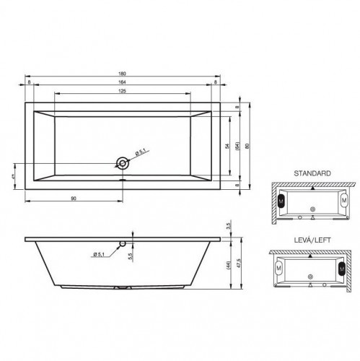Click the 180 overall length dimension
click(123, 72)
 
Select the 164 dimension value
click(123, 82)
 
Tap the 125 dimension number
click(123, 90)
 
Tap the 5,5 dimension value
click(131, 256)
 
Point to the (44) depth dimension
click(228, 265)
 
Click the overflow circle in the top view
click(123, 161)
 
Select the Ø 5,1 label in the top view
click(141, 151)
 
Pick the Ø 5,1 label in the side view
click(102, 253)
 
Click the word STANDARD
click(312, 174)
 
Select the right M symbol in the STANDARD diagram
click(343, 198)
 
